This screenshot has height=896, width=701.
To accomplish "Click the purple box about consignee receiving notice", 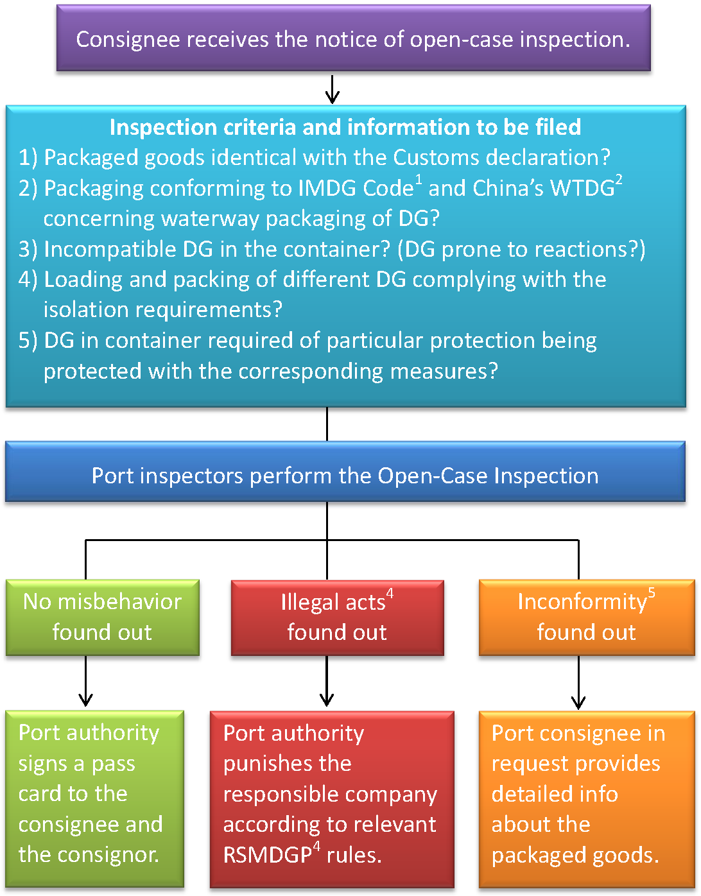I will (353, 39).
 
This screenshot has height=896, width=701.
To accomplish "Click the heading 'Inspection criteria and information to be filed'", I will (345, 127).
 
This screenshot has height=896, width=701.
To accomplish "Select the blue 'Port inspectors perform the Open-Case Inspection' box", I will (345, 476).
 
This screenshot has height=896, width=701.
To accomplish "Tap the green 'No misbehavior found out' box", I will (102, 617).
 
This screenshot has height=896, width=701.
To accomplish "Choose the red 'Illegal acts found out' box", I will (337, 617).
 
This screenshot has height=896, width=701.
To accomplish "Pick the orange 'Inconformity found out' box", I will (586, 617).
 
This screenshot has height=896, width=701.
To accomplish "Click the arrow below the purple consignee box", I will (332, 90).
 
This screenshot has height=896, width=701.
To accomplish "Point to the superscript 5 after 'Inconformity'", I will (652, 592).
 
